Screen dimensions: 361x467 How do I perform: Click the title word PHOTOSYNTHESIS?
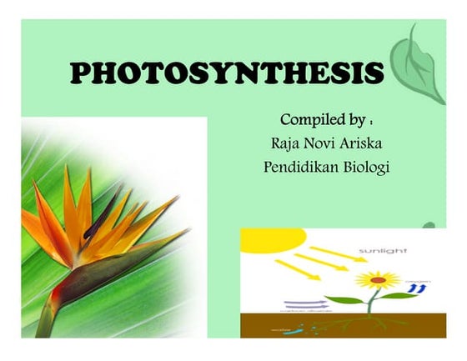(x=227, y=73)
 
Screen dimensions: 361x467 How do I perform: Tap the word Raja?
(x=281, y=143)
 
